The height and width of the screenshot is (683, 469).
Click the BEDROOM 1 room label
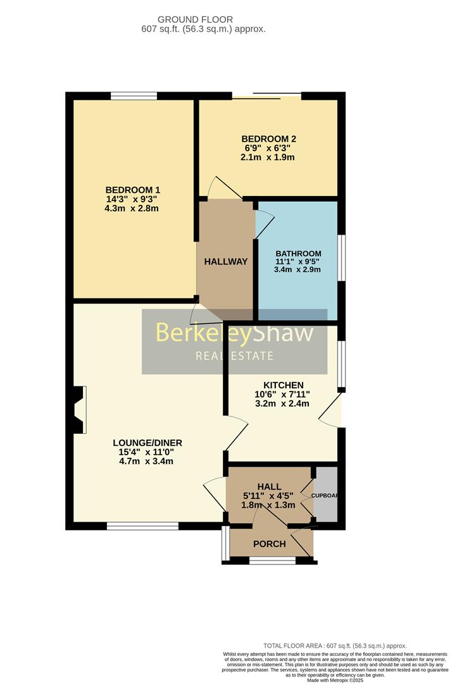coord(132,190)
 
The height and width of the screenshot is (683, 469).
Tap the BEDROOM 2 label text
coord(269,139)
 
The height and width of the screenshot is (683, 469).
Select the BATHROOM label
coord(297,254)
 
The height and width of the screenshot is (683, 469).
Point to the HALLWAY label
coord(225,262)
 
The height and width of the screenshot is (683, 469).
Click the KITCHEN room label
coord(284,385)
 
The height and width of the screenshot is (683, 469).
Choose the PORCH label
coord(270,544)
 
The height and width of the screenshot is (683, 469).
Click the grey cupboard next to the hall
coord(326,495)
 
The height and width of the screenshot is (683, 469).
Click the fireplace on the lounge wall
coord(79,410)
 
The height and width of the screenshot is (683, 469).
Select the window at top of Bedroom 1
coord(134,95)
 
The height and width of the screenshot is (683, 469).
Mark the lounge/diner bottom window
coord(142,526)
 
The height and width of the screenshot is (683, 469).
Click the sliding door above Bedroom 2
coord(266,96)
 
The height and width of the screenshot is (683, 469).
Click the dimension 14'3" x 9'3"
coord(132,199)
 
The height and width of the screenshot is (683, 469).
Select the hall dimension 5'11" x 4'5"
coord(269,496)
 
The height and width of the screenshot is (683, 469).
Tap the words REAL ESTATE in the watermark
coord(234,356)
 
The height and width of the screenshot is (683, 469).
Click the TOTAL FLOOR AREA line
coord(335,646)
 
